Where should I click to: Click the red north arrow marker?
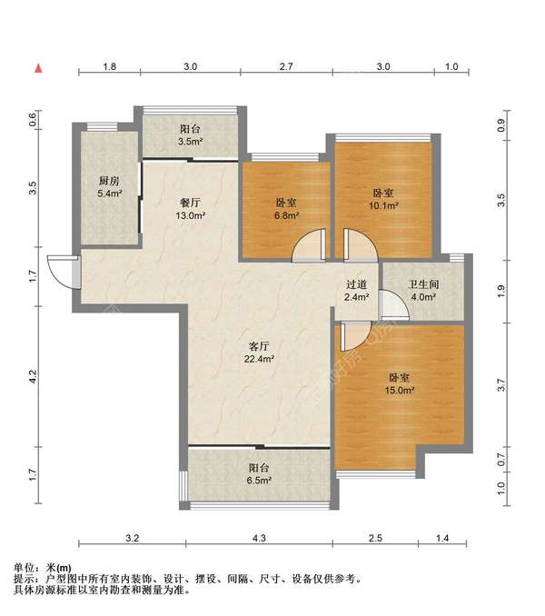point(38,68)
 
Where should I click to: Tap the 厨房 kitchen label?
point(109,181)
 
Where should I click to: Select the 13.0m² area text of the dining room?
point(191,215)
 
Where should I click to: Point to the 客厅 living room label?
point(259,346)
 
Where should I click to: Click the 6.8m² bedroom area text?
point(286,215)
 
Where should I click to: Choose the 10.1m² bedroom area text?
point(383,205)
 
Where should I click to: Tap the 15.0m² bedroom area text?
point(400,390)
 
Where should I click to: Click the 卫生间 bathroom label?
point(423,284)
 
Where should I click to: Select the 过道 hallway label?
point(357,284)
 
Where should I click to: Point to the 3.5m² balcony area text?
point(191,142)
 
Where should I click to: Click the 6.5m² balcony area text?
point(259,480)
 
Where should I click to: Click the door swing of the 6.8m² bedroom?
point(309,245)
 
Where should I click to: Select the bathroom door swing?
point(394,305)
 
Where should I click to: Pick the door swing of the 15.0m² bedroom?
point(356,336)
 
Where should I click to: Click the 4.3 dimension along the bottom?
point(259,538)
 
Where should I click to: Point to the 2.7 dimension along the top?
point(286,66)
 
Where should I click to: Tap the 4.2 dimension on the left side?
point(33,377)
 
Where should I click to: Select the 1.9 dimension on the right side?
point(500,291)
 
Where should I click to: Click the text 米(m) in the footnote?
point(58,568)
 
